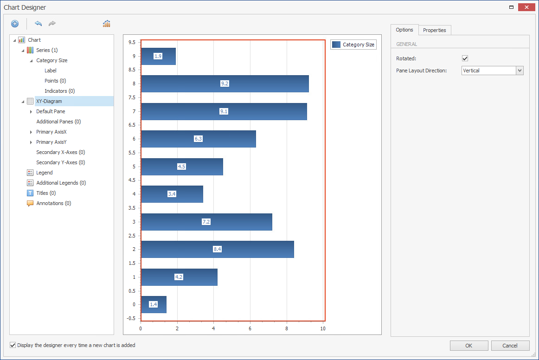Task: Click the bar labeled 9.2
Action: pos(260,84)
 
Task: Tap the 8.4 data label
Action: pos(217,249)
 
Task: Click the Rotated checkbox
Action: pos(465,58)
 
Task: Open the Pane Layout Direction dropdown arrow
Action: pos(520,71)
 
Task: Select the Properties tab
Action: pos(434,30)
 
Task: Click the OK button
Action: pos(468,346)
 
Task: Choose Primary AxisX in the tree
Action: pos(51,132)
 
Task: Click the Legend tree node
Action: pos(45,173)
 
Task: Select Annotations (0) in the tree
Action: pos(53,203)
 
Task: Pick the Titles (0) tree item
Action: pos(46,193)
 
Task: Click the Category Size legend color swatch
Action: pos(336,45)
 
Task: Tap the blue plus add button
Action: pos(15,24)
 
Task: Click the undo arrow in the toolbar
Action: pos(38,24)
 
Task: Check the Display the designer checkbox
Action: pos(13,345)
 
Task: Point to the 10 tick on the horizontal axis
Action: pos(323,329)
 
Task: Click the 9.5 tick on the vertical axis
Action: pos(132,42)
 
